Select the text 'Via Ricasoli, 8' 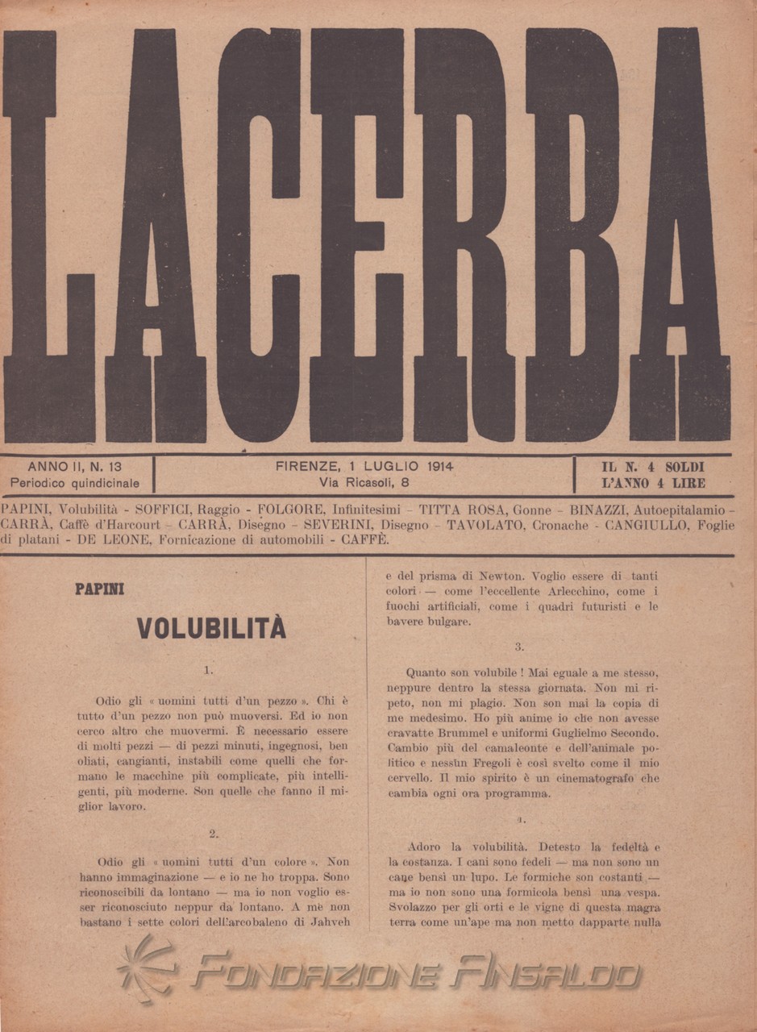pos(364,484)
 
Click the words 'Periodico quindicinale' pos(74,484)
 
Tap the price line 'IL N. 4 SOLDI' pos(653,467)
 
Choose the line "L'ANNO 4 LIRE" pos(653,484)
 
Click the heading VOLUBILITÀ pos(211,627)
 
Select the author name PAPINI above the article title pos(99,589)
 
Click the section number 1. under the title pos(208,669)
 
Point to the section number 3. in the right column pos(519,646)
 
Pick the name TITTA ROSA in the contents pos(457,510)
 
